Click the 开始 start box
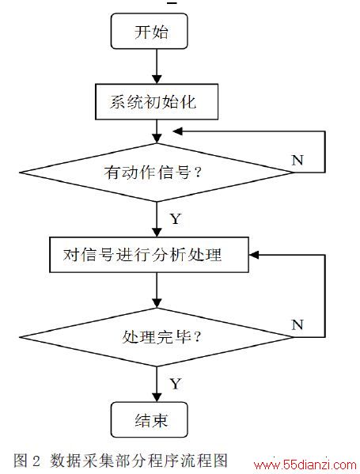coord(150,31)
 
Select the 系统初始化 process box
coord(157,102)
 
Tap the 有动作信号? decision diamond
coord(157,173)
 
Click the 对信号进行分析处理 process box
coord(149,255)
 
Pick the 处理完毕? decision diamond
coord(157,337)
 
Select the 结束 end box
coord(150,419)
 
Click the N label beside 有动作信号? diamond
coord(297,160)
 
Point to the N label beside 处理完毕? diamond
coord(297,324)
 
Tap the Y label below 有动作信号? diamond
coord(176,218)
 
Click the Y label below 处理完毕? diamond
coord(176,384)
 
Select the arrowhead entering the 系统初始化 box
coord(157,79)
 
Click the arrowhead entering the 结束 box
coord(157,397)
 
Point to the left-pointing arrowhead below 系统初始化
coord(177,131)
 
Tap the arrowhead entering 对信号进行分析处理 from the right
coord(254,255)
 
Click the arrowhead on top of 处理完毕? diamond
coord(157,303)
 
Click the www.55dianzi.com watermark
coord(305,465)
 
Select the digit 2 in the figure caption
coord(36,461)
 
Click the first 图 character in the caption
coord(21,461)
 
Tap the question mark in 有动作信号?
coord(198,173)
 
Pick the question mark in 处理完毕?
coord(197,336)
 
